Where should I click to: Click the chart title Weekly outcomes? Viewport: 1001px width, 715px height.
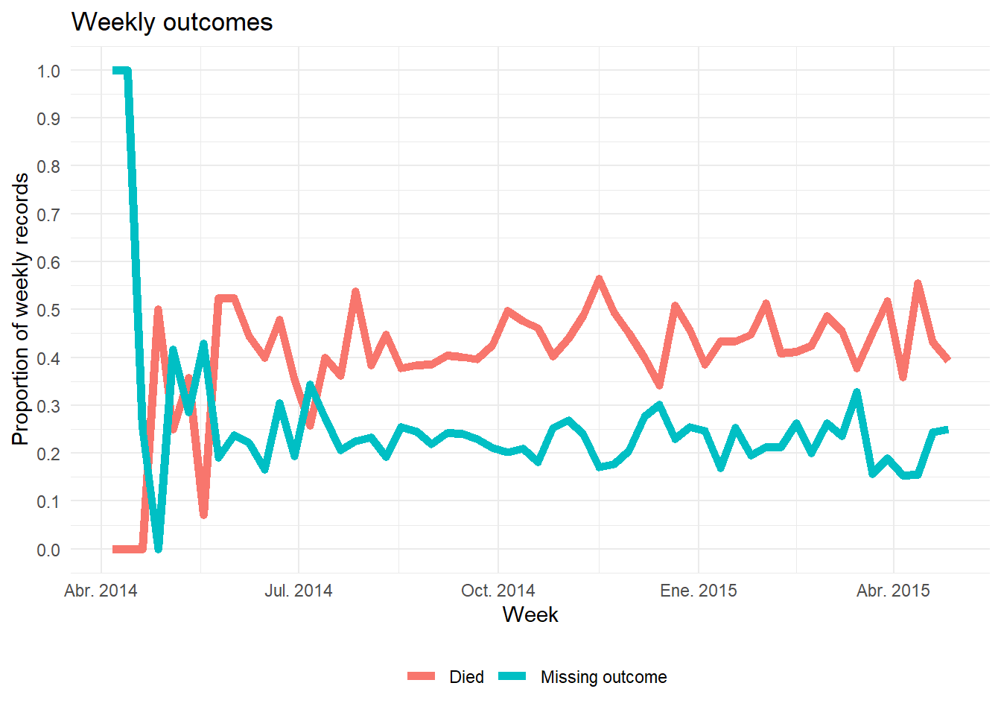click(x=172, y=22)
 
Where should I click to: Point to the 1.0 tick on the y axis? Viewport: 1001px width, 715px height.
click(x=48, y=71)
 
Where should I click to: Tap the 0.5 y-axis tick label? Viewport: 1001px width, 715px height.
click(x=48, y=310)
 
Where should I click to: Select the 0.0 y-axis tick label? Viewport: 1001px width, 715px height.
click(x=48, y=550)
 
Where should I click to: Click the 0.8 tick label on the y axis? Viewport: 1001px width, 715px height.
click(x=48, y=166)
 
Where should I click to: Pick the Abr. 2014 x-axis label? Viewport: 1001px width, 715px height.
click(x=101, y=591)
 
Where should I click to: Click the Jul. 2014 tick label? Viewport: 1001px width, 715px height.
click(x=299, y=591)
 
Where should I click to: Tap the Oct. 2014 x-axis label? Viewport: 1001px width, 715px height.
click(x=498, y=591)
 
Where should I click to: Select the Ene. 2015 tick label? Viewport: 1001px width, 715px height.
click(x=699, y=591)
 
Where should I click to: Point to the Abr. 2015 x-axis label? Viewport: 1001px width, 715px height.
click(x=893, y=591)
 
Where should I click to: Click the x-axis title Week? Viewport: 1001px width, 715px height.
click(x=530, y=614)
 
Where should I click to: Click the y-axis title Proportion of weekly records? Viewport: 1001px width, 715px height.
click(x=21, y=309)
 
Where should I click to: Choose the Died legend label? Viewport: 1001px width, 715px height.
click(x=466, y=677)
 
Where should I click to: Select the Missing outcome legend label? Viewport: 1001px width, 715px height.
click(x=603, y=677)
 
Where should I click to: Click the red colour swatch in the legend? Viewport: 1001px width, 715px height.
click(x=422, y=676)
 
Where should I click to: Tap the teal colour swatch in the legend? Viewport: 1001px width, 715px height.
click(x=512, y=676)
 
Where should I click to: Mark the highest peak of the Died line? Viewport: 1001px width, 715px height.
click(x=599, y=279)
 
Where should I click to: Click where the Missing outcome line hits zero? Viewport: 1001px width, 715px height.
click(x=158, y=549)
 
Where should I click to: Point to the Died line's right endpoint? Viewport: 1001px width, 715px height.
click(x=947, y=360)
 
